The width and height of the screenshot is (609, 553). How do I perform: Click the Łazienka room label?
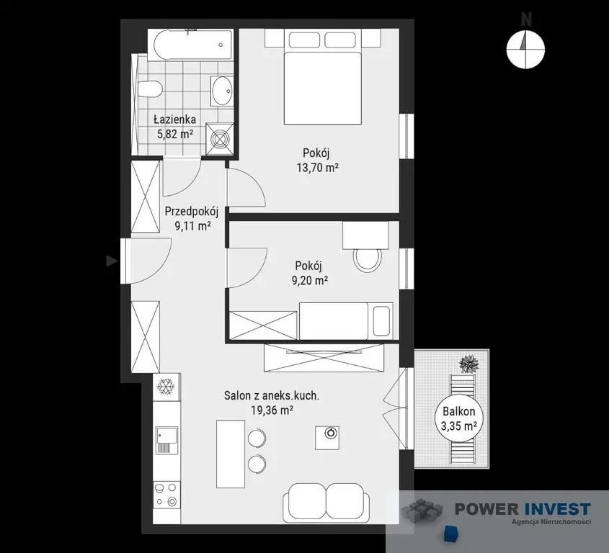point(174,119)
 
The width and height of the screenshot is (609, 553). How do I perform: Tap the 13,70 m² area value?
point(317,168)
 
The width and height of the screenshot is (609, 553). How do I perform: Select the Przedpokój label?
point(192,212)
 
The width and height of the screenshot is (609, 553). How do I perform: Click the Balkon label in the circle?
point(458,411)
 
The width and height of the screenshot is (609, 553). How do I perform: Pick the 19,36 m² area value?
point(272,410)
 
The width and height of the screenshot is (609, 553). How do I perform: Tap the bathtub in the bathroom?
point(193,45)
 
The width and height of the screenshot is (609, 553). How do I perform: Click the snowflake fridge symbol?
point(166,387)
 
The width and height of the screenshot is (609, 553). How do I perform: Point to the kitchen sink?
point(166,441)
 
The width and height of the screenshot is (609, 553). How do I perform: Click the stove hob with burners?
point(166,494)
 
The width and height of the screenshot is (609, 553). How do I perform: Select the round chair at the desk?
point(368,259)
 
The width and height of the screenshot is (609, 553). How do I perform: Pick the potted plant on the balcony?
point(469,364)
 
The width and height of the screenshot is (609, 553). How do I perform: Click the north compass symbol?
point(525,49)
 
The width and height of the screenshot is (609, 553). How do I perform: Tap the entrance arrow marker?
point(112,261)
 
